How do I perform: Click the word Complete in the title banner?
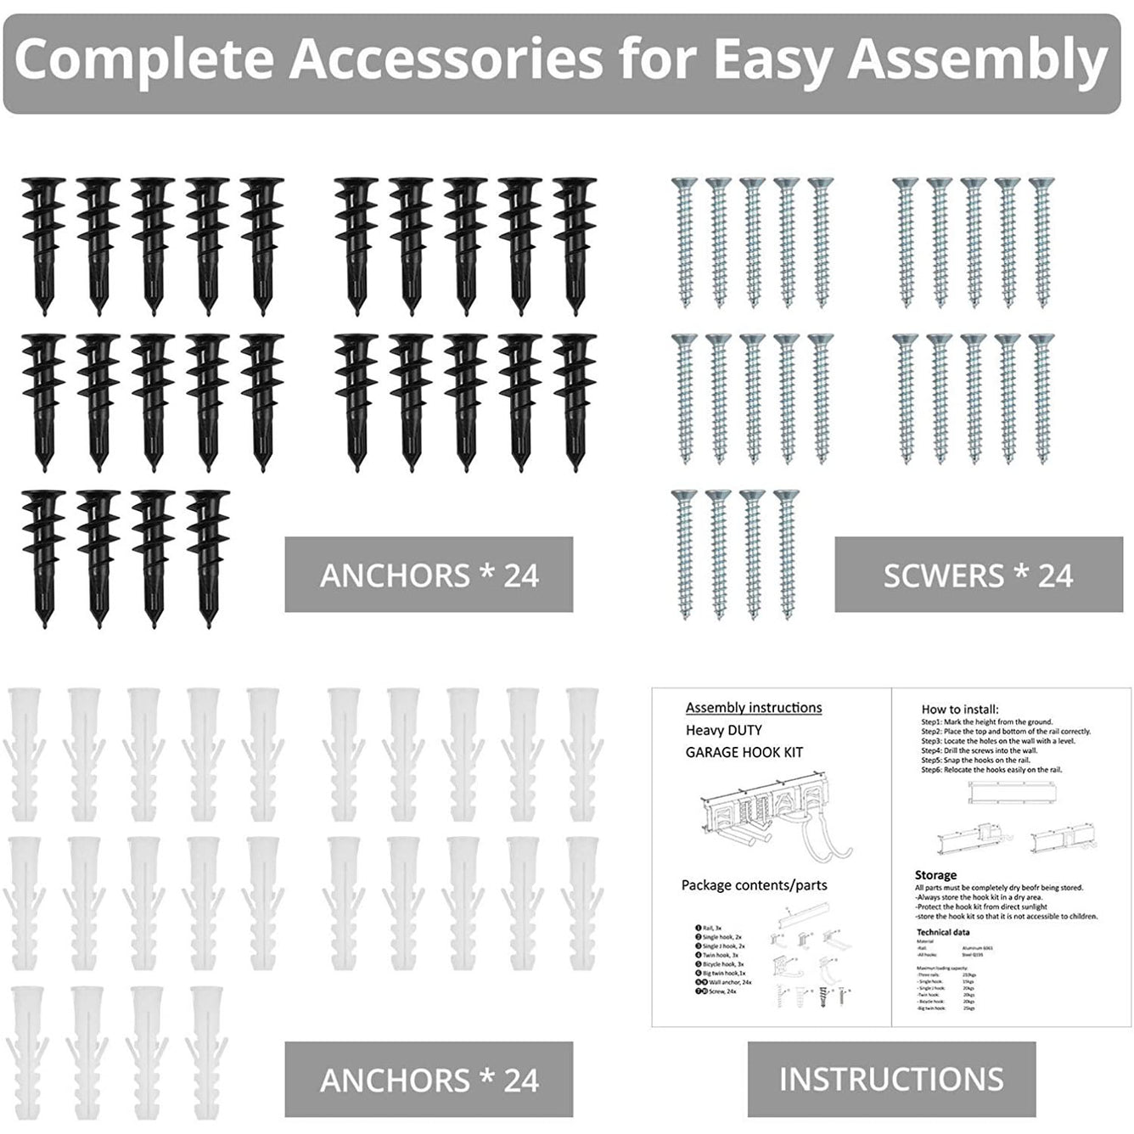coord(143,59)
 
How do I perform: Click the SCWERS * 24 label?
coord(978,575)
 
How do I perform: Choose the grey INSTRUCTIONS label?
coord(891,1079)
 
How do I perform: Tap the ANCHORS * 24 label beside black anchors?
coord(429,575)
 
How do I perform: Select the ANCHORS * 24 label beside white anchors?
coord(429,1080)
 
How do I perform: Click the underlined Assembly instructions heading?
coord(754,708)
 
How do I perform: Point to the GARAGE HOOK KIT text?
coord(744,752)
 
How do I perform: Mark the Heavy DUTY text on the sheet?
coord(724,730)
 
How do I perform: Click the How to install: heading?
coord(960,710)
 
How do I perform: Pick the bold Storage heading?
coord(935,875)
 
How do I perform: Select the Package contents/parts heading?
coord(754,885)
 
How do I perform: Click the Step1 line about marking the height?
coord(987,721)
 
